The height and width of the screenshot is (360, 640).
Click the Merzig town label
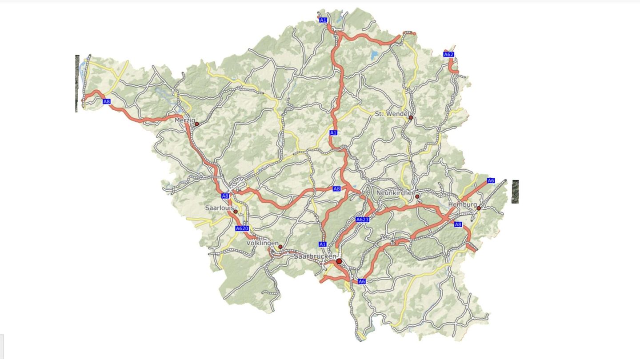coord(184,120)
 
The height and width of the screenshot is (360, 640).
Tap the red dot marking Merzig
coord(197,124)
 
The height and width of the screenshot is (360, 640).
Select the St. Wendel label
coord(391,114)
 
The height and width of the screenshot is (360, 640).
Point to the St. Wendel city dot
coord(411,118)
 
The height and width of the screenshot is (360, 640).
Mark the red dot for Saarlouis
coord(236,212)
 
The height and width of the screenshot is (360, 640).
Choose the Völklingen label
coord(262,244)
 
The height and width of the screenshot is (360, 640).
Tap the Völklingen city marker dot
coord(280,247)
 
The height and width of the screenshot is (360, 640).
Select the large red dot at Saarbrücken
coord(340,261)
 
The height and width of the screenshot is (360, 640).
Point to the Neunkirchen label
coord(396,193)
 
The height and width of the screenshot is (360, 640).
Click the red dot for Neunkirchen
coord(417,196)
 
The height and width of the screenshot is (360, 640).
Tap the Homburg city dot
coord(479,208)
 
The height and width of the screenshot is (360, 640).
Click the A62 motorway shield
coord(449,55)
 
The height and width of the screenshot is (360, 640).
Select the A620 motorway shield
coord(242,228)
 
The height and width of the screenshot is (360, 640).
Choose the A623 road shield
coord(363,220)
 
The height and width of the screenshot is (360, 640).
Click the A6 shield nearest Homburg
coord(491,180)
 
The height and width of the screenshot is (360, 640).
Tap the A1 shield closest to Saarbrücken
coord(323,244)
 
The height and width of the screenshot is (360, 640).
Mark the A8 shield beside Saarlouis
coord(225,196)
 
